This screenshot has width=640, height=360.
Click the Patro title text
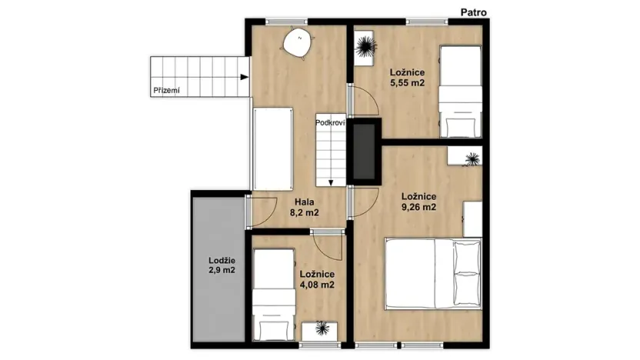click(472, 12)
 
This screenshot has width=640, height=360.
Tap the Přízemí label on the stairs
click(166, 90)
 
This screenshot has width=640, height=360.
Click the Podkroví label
click(329, 122)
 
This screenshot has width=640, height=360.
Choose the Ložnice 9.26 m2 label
click(418, 202)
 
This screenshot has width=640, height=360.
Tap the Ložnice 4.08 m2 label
click(316, 279)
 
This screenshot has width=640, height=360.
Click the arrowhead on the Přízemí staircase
click(244, 77)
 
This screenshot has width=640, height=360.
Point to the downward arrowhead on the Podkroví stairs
click(329, 182)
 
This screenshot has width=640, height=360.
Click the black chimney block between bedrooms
click(364, 152)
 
